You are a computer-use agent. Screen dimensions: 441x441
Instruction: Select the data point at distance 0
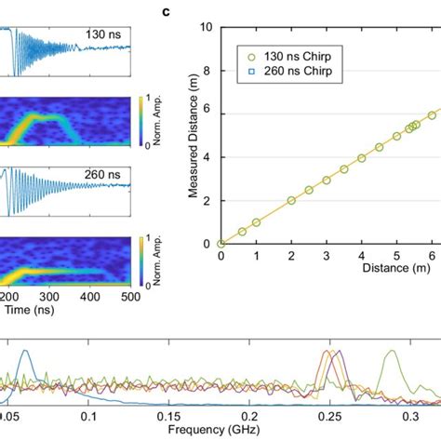220,244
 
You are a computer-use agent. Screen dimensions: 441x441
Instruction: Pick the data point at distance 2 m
291,200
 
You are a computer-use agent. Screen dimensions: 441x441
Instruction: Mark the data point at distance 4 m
362,157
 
